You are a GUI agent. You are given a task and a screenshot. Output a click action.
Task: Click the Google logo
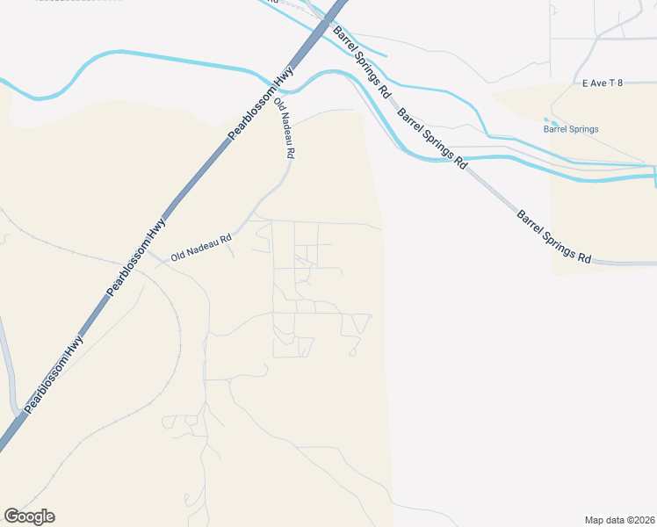tap(29, 516)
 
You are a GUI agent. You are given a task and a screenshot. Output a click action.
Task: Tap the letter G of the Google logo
tap(12, 516)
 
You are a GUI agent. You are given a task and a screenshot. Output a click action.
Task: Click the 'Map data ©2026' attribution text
tap(620, 519)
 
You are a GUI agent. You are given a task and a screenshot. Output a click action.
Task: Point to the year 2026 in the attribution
tap(642, 519)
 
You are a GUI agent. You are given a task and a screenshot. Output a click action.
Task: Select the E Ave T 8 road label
tap(603, 83)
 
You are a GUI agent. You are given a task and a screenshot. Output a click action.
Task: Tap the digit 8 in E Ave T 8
tap(619, 83)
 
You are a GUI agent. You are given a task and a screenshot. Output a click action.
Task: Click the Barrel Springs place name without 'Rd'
tap(571, 129)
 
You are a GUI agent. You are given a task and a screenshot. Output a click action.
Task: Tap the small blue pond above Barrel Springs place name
tap(551, 121)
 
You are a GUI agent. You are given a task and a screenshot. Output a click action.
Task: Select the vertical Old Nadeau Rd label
tap(285, 128)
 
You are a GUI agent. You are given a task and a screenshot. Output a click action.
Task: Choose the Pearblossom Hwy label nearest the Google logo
tap(54, 375)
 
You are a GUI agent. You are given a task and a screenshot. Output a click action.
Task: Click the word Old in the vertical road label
tap(280, 106)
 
